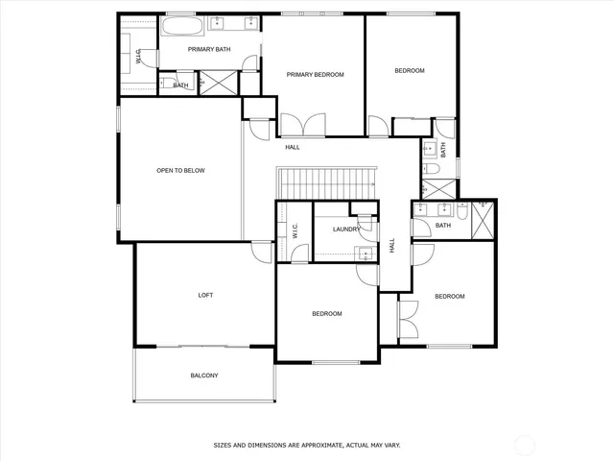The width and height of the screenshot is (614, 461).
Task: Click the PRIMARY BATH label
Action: (208, 49)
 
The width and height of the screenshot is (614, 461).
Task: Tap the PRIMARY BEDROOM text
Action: (315, 74)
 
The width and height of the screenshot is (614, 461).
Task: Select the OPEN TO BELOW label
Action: (180, 171)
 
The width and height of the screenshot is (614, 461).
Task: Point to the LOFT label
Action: (205, 295)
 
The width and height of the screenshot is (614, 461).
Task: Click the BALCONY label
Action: (203, 376)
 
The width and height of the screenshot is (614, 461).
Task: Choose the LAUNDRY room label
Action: (346, 230)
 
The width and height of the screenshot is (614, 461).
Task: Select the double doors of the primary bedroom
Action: (302, 125)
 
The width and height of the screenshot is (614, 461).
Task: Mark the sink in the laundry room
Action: (364, 254)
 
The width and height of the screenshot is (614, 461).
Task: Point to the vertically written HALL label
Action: (392, 246)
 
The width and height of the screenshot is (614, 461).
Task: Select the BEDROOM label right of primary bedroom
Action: (409, 70)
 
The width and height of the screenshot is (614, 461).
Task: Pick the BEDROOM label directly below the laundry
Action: (326, 314)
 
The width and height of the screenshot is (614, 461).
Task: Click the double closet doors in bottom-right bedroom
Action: (407, 319)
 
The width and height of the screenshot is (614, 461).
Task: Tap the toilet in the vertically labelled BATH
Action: (431, 170)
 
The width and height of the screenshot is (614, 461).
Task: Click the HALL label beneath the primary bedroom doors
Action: (293, 147)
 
